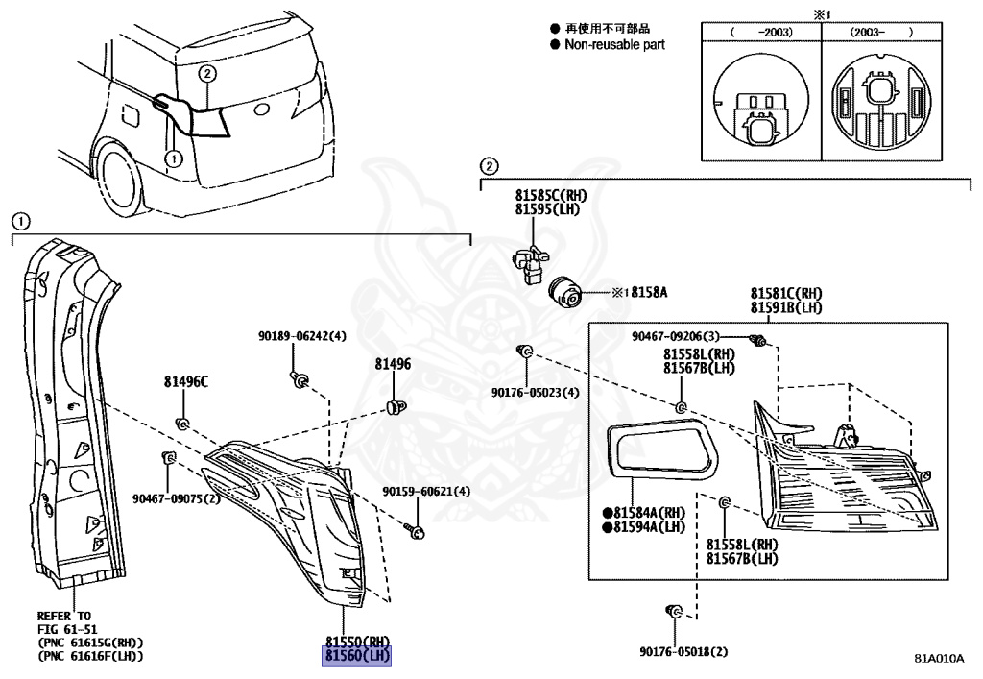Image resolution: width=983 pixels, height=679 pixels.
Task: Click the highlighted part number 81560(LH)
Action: (358, 656)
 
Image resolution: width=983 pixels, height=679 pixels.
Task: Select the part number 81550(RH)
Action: (358, 642)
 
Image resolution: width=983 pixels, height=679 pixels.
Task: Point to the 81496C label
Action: (184, 381)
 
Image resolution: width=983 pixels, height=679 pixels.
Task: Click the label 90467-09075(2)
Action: (177, 498)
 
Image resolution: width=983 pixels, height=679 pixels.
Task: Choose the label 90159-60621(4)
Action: (426, 492)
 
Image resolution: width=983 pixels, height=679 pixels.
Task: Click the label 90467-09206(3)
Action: (676, 336)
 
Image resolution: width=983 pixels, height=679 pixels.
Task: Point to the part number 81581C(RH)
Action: (785, 293)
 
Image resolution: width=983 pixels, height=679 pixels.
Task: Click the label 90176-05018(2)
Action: (683, 650)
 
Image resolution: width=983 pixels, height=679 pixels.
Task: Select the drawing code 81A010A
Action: (938, 659)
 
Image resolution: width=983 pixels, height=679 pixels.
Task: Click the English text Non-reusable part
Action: (614, 44)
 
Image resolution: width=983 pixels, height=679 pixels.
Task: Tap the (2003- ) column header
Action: (880, 32)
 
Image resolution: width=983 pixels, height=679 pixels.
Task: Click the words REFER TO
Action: (64, 616)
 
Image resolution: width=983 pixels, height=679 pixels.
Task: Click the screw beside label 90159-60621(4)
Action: (415, 527)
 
